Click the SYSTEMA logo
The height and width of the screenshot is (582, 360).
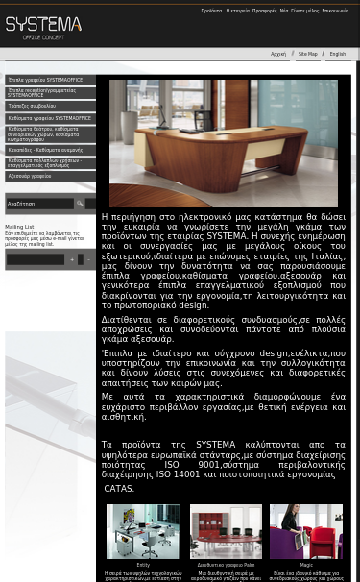pyautogui.click(x=43, y=27)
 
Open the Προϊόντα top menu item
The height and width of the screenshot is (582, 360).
pyautogui.click(x=211, y=11)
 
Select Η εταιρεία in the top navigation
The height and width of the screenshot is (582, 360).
pyautogui.click(x=237, y=11)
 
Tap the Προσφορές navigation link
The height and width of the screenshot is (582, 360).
pyautogui.click(x=264, y=11)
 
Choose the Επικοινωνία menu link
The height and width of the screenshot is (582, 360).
pyautogui.click(x=335, y=11)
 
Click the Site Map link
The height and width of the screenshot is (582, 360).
pyautogui.click(x=307, y=54)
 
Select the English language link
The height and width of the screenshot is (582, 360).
pyautogui.click(x=337, y=54)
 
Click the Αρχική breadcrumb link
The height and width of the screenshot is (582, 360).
pyautogui.click(x=278, y=54)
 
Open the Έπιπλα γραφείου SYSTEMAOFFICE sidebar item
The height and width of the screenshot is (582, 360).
pyautogui.click(x=45, y=81)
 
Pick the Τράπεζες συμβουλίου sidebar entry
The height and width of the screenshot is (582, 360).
pyautogui.click(x=32, y=106)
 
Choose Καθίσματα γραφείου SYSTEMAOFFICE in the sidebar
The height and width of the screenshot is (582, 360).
pyautogui.click(x=49, y=118)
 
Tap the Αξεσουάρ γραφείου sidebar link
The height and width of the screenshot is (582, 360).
pyautogui.click(x=30, y=177)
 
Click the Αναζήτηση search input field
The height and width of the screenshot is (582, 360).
pyautogui.click(x=38, y=204)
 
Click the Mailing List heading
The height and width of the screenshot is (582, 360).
pyautogui.click(x=19, y=227)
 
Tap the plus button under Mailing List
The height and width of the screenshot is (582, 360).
pyautogui.click(x=71, y=259)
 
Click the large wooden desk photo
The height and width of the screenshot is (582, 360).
pyautogui.click(x=223, y=143)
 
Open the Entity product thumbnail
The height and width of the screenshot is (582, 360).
pyautogui.click(x=143, y=531)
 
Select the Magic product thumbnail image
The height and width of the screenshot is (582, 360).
pyautogui.click(x=305, y=531)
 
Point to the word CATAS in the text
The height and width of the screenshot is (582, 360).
pyautogui.click(x=119, y=489)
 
